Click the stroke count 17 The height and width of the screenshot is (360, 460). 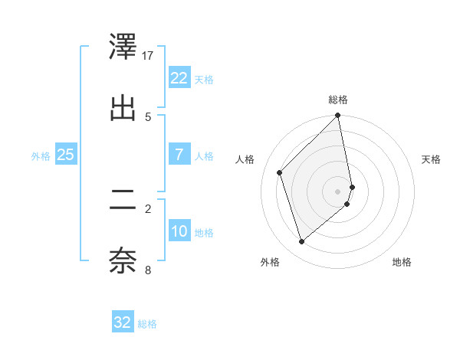pyautogui.click(x=148, y=55)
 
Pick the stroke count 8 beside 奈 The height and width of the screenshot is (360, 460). pyautogui.click(x=148, y=269)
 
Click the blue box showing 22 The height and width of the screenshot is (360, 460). pyautogui.click(x=179, y=78)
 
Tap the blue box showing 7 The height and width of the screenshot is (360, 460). pyautogui.click(x=179, y=155)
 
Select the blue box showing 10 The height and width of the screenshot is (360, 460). pyautogui.click(x=179, y=231)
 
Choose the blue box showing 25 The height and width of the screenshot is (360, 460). pyautogui.click(x=65, y=155)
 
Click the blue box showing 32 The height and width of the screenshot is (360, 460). pyautogui.click(x=123, y=322)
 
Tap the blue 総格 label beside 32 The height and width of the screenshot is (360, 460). pyautogui.click(x=147, y=324)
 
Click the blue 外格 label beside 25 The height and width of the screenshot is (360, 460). pyautogui.click(x=41, y=155)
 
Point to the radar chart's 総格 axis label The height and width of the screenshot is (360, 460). pyautogui.click(x=338, y=100)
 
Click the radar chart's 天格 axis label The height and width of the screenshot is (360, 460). pyautogui.click(x=431, y=159)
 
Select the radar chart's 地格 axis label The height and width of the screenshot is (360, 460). pyautogui.click(x=402, y=263)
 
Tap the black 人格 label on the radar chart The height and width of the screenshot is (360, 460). pyautogui.click(x=245, y=159)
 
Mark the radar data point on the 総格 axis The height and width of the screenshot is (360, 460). pyautogui.click(x=338, y=116)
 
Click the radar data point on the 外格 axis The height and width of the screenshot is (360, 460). pyautogui.click(x=301, y=242)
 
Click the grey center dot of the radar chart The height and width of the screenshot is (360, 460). pyautogui.click(x=338, y=191)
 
